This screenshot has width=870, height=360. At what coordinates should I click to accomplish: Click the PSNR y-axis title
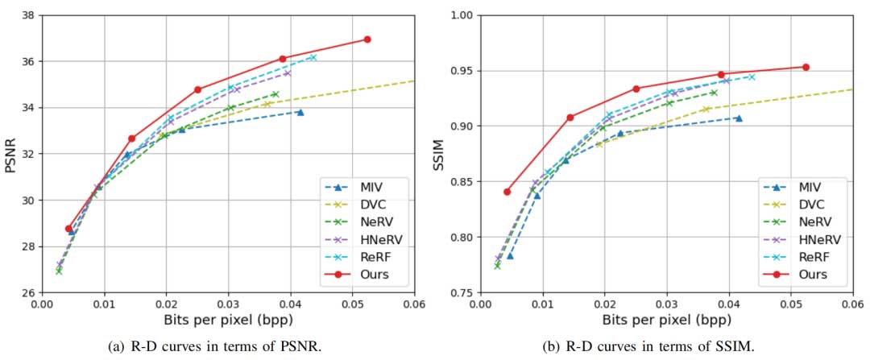tap(10, 153)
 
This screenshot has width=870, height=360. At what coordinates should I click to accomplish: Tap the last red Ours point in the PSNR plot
tap(367, 39)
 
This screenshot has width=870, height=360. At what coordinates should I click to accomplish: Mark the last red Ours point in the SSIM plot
tap(806, 67)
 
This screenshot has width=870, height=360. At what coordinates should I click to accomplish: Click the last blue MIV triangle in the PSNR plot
tap(300, 112)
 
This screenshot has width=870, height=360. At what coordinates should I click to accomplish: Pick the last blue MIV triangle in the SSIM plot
tap(739, 118)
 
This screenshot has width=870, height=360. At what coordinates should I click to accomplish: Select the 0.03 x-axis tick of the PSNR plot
tap(228, 306)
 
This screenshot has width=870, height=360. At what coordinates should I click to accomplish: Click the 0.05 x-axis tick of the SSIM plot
tap(791, 306)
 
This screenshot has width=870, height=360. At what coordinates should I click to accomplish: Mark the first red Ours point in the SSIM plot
tap(507, 192)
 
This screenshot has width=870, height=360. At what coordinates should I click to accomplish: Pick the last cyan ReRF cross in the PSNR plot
tap(313, 57)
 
